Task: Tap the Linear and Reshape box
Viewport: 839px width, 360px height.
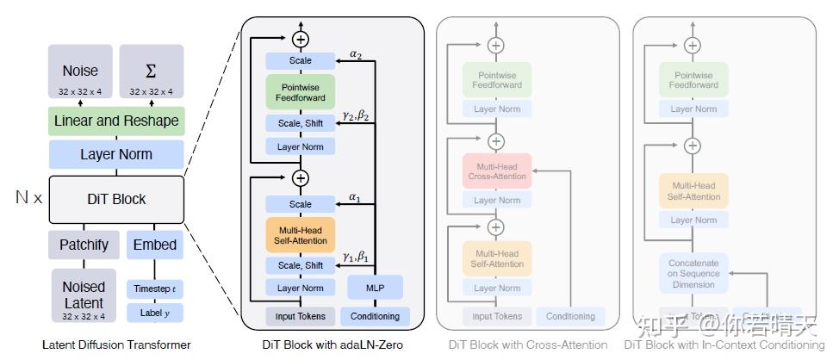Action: [116, 121]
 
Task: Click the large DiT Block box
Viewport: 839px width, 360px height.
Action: [116, 199]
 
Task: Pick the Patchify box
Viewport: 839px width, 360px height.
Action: [83, 245]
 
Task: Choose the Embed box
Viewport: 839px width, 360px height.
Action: [155, 245]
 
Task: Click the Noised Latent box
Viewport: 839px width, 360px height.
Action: [83, 295]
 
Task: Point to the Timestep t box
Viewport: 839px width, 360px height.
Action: [155, 289]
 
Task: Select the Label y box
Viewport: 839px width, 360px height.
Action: [155, 313]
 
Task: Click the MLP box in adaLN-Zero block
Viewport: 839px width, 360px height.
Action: [375, 286]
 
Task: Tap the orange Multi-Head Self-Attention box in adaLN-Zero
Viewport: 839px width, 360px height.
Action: [301, 233]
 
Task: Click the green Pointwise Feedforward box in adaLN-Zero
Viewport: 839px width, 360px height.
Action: [301, 92]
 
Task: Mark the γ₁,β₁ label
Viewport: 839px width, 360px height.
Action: [355, 257]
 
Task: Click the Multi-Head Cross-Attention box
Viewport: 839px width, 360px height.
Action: [497, 170]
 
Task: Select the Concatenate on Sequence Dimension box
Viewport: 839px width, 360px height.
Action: [694, 273]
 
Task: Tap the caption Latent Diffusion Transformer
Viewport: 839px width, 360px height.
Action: [116, 344]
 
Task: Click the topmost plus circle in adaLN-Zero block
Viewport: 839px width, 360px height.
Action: [301, 39]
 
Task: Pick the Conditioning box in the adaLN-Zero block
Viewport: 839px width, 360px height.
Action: [375, 316]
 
